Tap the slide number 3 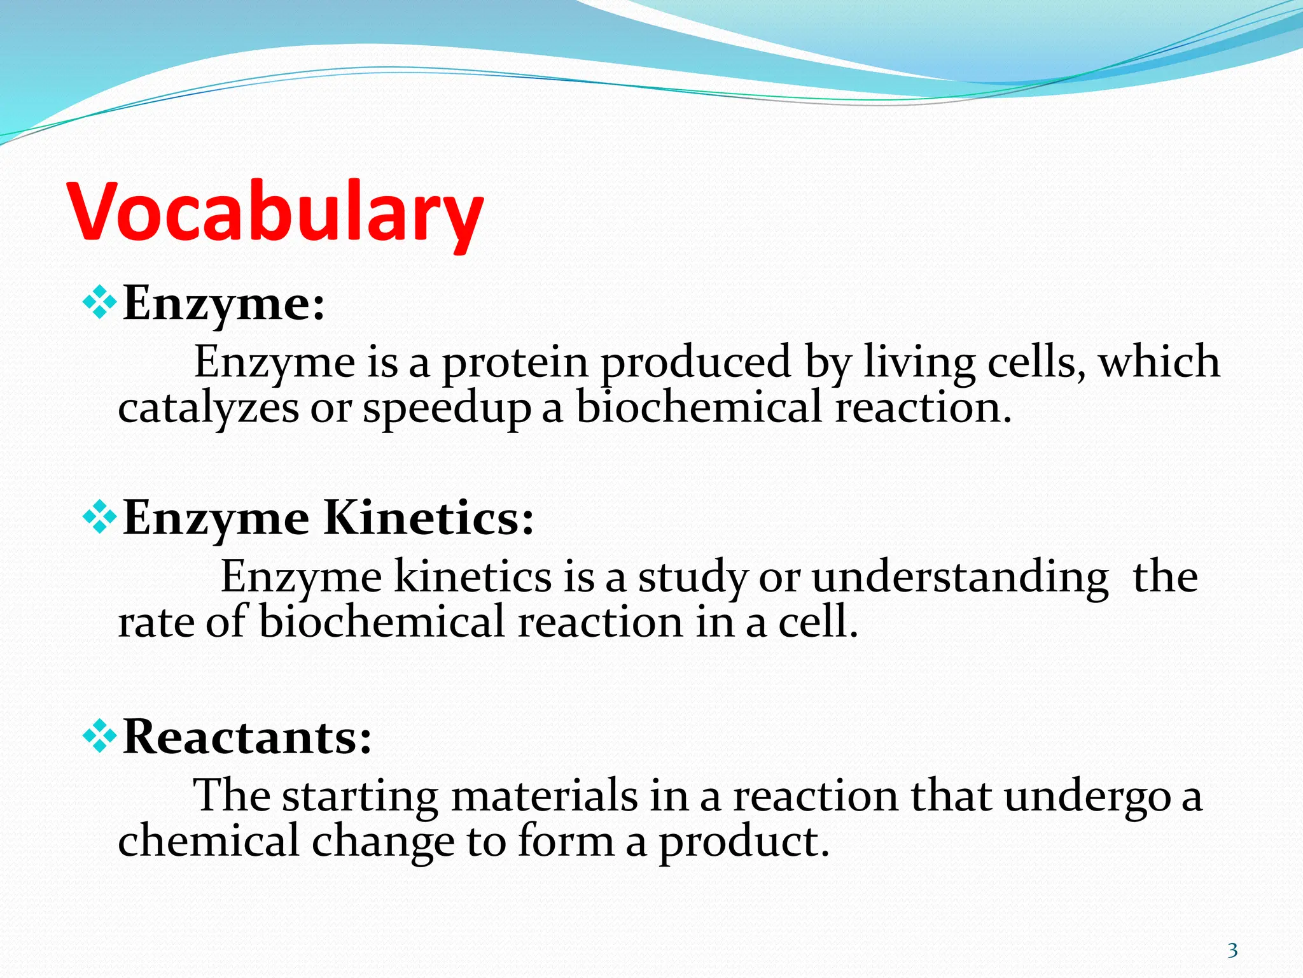tap(1232, 951)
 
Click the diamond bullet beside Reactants tap(100, 737)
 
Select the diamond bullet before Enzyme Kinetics tap(100, 518)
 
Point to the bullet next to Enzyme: tap(100, 302)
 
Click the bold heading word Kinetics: tap(429, 518)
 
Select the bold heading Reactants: tap(247, 737)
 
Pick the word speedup tap(447, 409)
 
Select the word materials tap(544, 796)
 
